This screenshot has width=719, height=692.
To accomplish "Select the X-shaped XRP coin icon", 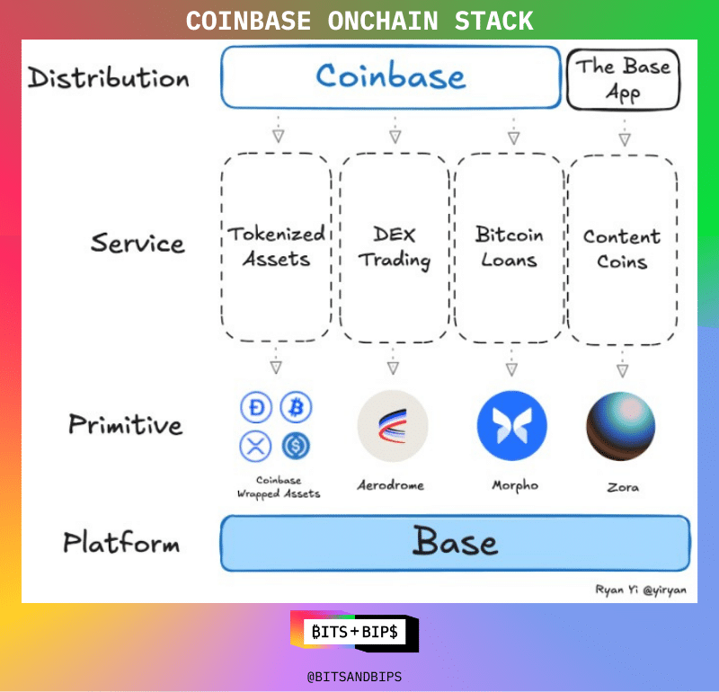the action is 255,446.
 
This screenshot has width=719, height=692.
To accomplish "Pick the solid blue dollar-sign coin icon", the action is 296,446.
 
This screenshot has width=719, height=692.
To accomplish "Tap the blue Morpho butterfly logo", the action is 511,426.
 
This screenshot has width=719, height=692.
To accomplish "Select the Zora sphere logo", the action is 621,426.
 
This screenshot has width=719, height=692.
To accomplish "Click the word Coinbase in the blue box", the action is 391,76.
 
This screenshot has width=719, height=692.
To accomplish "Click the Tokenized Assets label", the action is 275,246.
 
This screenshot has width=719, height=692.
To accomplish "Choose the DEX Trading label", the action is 395,246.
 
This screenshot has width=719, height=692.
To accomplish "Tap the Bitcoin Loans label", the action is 510,247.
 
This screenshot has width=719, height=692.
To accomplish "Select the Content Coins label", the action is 622,249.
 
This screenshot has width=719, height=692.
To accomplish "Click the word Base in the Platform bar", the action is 455,543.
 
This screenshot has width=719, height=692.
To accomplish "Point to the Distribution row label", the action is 109,77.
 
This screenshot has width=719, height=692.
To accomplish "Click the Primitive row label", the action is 125,424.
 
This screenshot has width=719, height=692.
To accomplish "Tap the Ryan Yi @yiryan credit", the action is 639,590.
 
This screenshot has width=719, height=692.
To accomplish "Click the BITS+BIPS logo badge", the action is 355,632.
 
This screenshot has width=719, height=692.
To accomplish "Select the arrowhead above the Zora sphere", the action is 622,369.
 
